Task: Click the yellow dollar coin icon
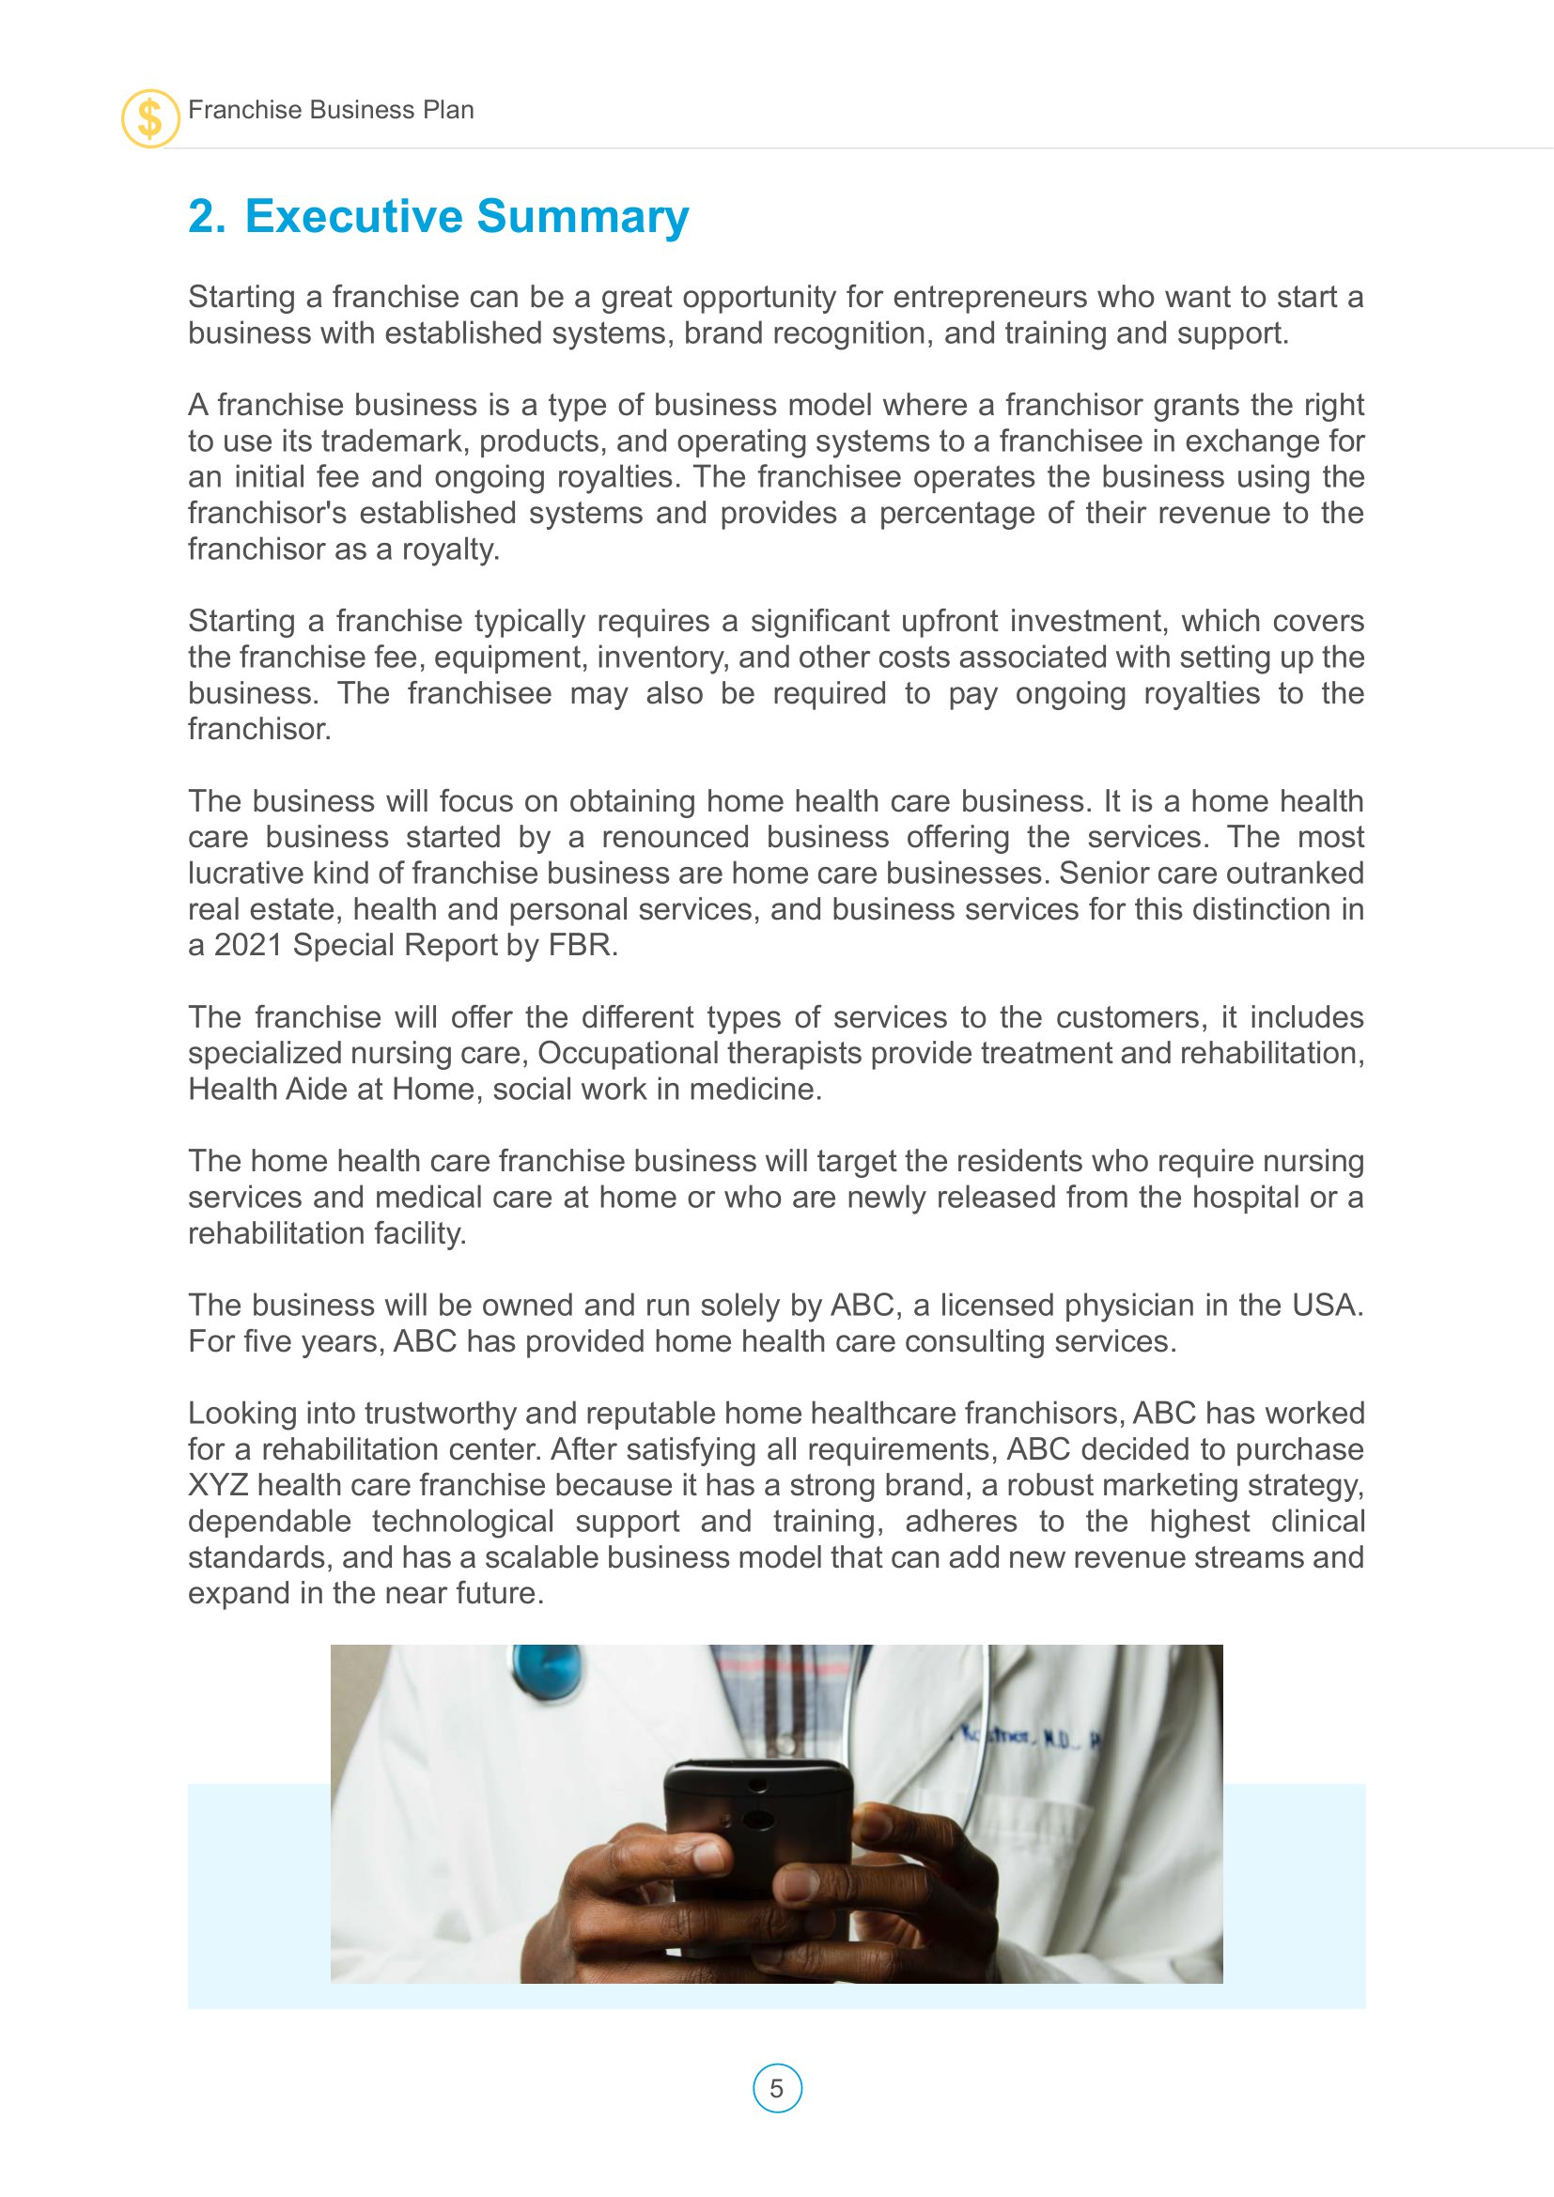click(150, 118)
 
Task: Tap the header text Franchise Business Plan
click(330, 110)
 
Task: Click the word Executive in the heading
click(354, 216)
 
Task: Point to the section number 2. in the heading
click(207, 216)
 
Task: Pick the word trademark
click(395, 441)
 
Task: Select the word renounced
click(676, 837)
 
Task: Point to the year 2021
click(248, 946)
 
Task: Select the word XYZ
click(218, 1486)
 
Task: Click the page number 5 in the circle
click(777, 2089)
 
